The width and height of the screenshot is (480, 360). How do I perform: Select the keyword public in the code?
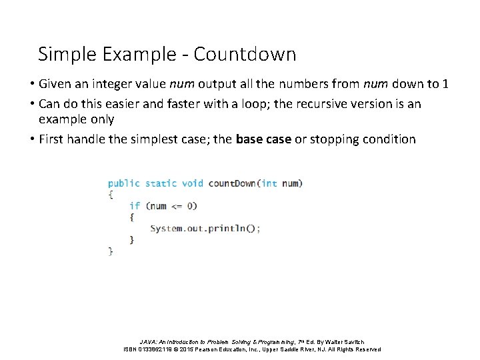124,183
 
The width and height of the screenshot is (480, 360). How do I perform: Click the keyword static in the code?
161,183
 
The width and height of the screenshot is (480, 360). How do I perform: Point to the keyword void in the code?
193,183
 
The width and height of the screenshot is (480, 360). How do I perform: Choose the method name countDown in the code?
231,183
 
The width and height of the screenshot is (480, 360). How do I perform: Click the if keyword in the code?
135,206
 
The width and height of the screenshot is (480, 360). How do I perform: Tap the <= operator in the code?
177,206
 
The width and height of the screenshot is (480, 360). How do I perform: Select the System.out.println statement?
205,228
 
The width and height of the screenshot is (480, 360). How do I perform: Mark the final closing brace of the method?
111,251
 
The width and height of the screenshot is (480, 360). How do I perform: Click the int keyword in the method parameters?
269,183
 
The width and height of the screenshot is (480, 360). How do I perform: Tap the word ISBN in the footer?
131,349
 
